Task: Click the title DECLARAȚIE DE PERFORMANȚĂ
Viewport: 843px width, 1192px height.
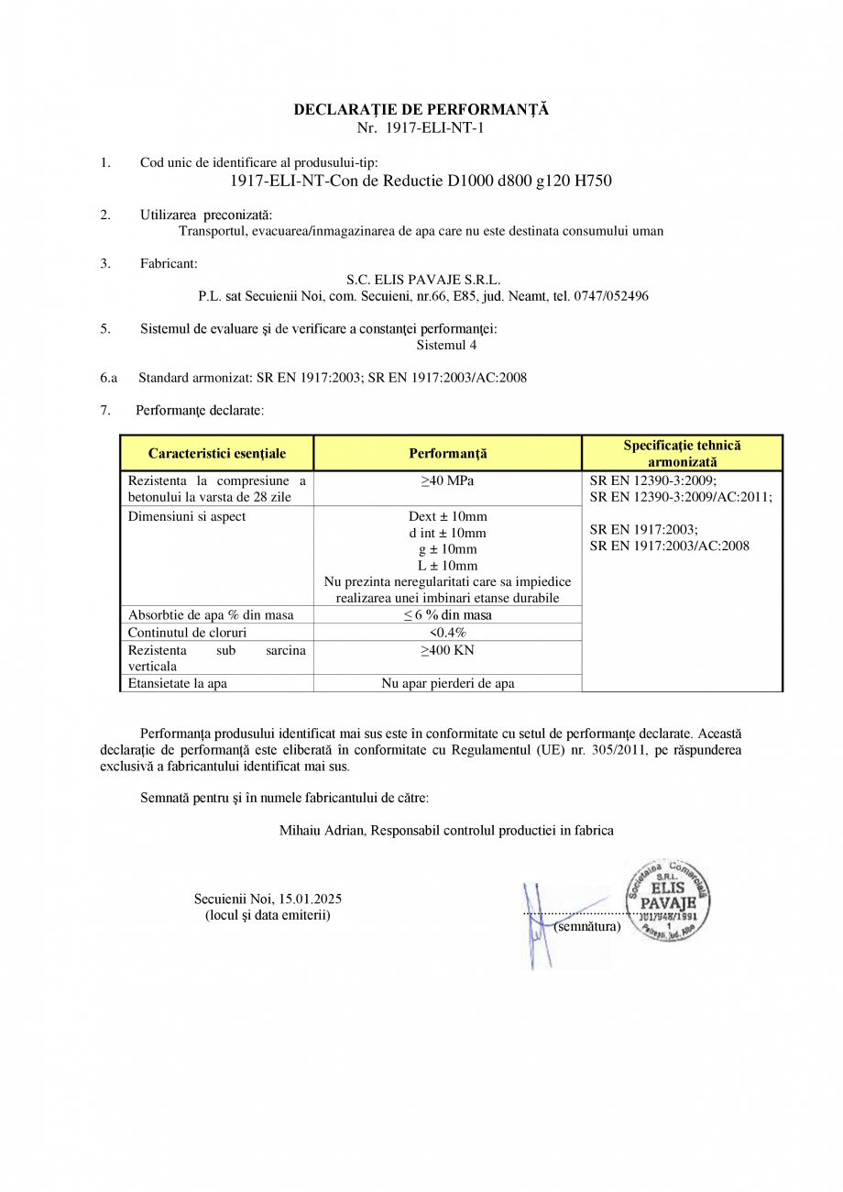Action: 421,109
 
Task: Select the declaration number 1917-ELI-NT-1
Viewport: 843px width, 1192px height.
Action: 433,127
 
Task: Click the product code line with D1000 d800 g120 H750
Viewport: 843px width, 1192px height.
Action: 421,181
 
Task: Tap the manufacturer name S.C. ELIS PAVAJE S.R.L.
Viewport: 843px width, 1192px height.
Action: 423,280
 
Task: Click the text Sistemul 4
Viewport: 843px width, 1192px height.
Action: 446,346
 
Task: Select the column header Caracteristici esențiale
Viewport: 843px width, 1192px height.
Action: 217,453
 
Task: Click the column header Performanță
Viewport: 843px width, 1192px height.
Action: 447,453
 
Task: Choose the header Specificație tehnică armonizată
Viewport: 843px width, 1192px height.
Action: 682,453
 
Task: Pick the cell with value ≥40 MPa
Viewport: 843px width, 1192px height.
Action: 447,480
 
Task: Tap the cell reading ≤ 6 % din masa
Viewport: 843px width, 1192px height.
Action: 447,614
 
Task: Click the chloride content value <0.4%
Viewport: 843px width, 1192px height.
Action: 447,632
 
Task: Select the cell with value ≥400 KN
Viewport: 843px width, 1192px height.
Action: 447,650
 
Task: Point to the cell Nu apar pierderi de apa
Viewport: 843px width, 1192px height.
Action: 447,683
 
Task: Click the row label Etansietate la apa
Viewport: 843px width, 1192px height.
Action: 178,683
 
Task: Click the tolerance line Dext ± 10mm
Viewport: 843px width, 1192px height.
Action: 447,516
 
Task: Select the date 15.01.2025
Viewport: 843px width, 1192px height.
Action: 309,899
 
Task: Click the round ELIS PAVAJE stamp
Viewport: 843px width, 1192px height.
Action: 668,899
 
